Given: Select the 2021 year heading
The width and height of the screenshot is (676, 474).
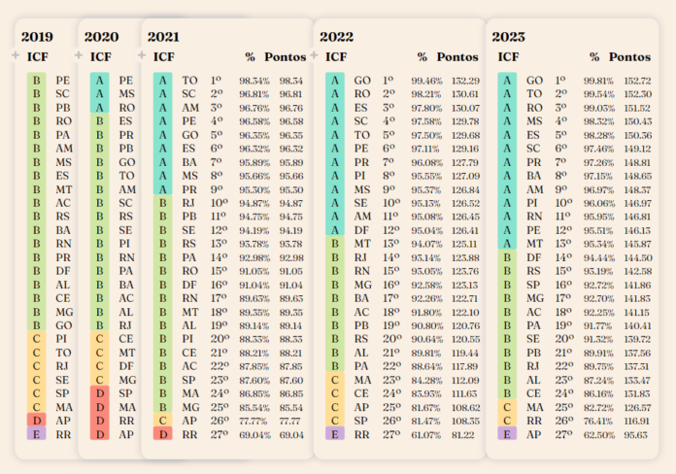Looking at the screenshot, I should (x=164, y=37).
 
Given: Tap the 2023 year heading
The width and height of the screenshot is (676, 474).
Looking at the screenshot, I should (x=508, y=37).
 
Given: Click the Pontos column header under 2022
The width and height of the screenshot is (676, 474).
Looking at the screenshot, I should (x=457, y=57).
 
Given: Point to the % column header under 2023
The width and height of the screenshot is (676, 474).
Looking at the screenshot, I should (x=592, y=57).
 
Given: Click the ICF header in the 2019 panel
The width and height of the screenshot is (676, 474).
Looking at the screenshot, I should (x=37, y=57).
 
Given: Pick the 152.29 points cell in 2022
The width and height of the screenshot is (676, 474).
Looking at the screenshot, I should (x=466, y=80).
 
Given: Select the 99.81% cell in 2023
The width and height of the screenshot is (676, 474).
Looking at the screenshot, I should (x=599, y=80).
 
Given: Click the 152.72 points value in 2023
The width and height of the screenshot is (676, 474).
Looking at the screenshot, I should (x=636, y=80).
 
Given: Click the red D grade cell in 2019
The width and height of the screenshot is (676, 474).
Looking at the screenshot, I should (x=36, y=420).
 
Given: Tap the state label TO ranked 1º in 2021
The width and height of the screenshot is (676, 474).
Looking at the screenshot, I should (x=190, y=80).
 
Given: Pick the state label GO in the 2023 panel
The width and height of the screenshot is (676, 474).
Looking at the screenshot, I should (x=534, y=80).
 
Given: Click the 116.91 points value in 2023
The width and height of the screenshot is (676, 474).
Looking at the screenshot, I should (x=636, y=419).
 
